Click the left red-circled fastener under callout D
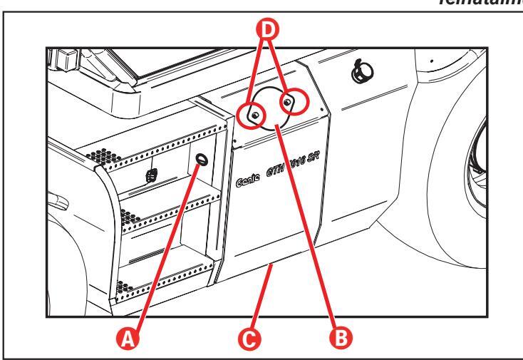click(x=253, y=113)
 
